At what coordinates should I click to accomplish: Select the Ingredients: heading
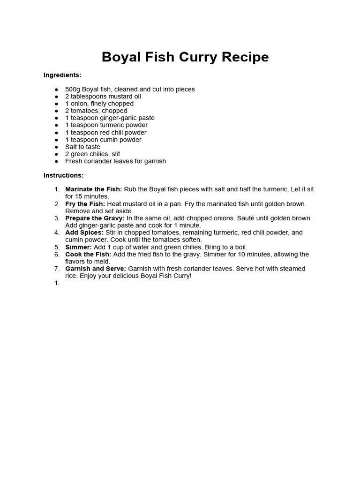pos(62,75)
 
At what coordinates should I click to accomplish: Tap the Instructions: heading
pos(63,175)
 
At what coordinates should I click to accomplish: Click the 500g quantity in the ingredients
pos(73,89)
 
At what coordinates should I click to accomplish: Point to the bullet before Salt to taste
pos(56,147)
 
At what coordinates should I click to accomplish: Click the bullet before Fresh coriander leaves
pos(56,161)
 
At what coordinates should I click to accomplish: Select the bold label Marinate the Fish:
pos(93,189)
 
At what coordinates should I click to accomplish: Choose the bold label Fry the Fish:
pos(85,204)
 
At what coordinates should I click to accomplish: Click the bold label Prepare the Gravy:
pos(95,218)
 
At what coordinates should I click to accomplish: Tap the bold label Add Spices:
pos(84,232)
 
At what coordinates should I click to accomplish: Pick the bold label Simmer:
pos(78,247)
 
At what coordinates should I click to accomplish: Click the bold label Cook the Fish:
pos(88,254)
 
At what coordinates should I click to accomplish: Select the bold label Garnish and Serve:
pos(96,269)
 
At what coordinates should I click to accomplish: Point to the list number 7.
pos(57,269)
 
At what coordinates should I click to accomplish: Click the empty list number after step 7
pos(57,283)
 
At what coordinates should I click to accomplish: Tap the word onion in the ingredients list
pos(78,104)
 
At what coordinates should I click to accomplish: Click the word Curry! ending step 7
pos(181,276)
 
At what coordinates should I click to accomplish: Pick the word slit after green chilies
pos(114,154)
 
